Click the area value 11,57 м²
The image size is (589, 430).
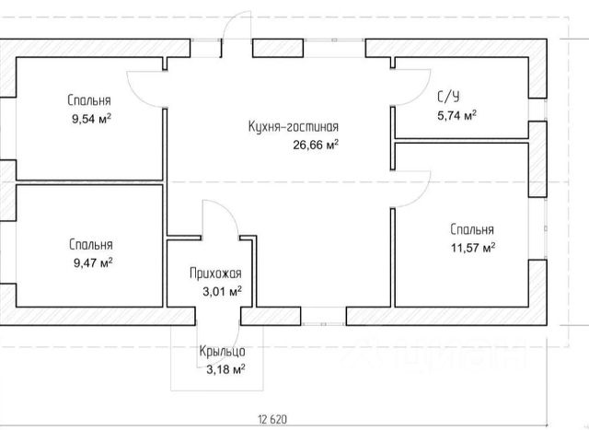[x=473, y=248]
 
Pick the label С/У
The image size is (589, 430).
[x=449, y=96]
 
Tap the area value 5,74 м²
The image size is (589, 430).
[x=456, y=115]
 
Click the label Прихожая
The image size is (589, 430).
[x=215, y=273]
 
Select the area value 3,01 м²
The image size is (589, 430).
[x=221, y=291]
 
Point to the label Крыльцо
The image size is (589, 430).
[x=221, y=352]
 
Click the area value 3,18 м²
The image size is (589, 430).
[x=225, y=369]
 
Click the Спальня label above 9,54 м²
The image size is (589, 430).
[x=89, y=100]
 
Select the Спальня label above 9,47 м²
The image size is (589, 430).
[x=90, y=245]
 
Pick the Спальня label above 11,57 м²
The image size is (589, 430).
[x=472, y=230]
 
